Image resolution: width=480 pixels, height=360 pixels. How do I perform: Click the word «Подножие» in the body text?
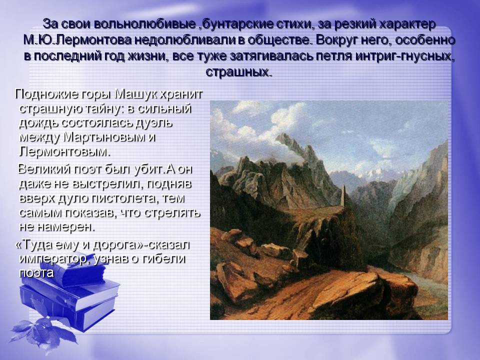[46, 94]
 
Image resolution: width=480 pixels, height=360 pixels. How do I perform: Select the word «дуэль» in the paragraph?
[153, 123]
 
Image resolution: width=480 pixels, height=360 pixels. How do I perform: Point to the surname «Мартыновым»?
[104, 137]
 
